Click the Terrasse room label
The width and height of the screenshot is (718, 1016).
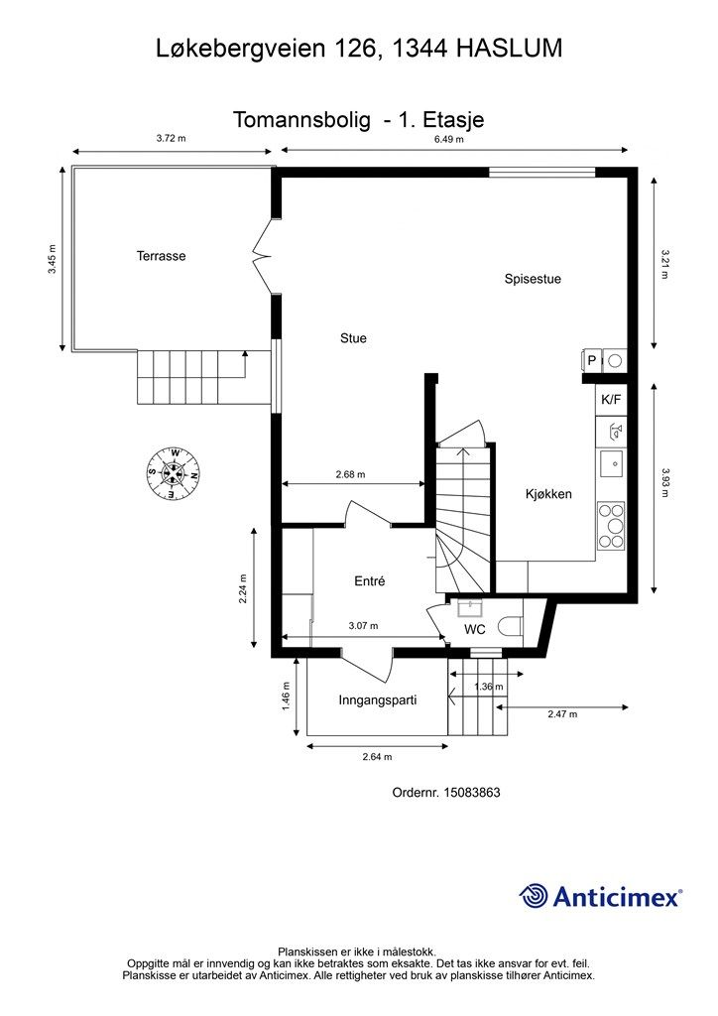click(x=161, y=256)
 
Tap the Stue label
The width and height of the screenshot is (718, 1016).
click(x=353, y=338)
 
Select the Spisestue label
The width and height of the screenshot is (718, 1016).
click(x=533, y=279)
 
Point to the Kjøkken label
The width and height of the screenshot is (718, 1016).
click(x=548, y=494)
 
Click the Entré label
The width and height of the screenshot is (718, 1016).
click(x=370, y=581)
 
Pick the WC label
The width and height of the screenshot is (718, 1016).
click(x=475, y=629)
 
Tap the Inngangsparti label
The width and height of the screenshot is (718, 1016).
click(x=378, y=700)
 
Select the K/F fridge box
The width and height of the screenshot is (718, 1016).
click(x=611, y=399)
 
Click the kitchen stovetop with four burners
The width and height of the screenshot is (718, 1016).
click(x=611, y=526)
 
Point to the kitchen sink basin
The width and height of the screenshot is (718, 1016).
click(x=611, y=463)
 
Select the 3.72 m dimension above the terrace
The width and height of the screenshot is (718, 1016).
click(x=171, y=138)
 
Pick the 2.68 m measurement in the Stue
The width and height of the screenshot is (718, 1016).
click(x=350, y=474)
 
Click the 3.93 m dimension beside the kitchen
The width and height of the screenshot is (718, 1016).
click(x=664, y=483)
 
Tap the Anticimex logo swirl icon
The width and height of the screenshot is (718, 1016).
click(x=534, y=896)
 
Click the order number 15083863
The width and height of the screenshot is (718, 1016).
click(x=472, y=793)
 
